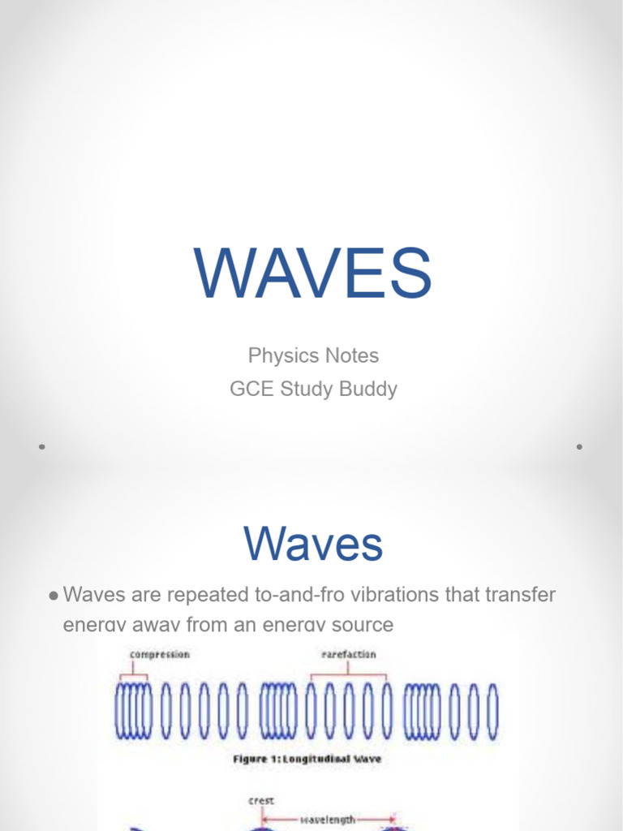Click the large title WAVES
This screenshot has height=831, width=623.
(312, 273)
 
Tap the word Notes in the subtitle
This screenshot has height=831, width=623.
(351, 355)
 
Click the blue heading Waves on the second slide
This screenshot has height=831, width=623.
(312, 544)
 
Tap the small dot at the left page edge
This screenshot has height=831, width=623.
(41, 446)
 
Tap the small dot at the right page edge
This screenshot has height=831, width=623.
(579, 446)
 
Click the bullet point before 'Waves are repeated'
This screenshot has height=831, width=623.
(53, 596)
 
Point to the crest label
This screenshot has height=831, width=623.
(260, 800)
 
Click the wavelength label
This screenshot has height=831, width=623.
(328, 820)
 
